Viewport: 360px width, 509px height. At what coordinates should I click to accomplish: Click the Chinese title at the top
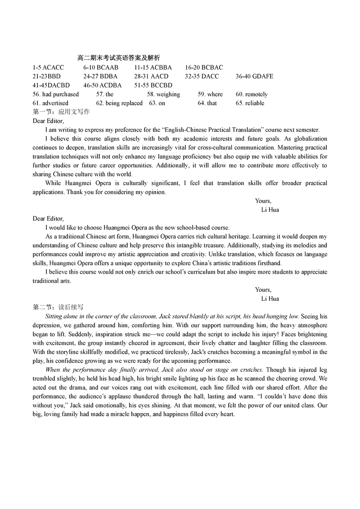[118, 58]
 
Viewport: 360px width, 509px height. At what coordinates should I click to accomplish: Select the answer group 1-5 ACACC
[49, 68]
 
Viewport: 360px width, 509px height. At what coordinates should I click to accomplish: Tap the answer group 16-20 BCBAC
[204, 68]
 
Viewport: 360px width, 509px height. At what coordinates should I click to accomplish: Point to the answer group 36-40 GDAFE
[254, 77]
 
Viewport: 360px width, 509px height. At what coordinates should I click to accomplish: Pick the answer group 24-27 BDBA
[100, 77]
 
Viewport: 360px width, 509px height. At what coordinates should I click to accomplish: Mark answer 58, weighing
[163, 94]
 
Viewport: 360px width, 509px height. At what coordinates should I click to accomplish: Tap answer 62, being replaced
[119, 103]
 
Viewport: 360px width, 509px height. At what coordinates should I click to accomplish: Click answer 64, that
[207, 103]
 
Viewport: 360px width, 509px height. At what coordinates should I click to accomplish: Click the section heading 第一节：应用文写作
[61, 112]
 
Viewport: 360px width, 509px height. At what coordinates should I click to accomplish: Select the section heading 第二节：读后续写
[58, 307]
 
